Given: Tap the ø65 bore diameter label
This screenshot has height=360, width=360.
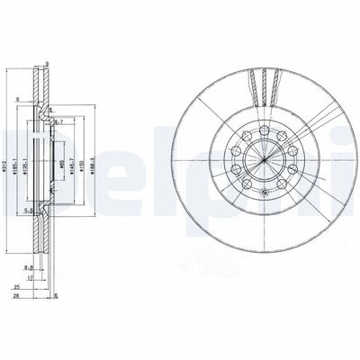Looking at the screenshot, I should coord(62,161).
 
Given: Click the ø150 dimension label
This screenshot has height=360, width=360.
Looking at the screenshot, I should coord(85,162).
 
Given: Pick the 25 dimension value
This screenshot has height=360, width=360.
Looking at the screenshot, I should coord(16,288).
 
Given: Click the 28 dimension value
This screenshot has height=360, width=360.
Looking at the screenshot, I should coord(16,296).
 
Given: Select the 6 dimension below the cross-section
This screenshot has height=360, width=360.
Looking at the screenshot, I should coord(56,296).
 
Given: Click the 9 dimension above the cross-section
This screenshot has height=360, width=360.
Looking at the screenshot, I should coord(45,62).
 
